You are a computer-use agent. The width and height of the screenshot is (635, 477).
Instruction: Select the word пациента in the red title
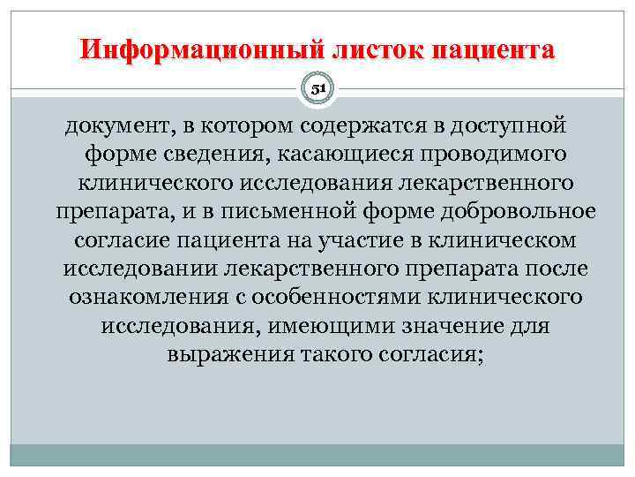pyautogui.click(x=494, y=49)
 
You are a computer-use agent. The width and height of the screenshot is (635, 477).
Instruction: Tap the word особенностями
pyautogui.click(x=334, y=297)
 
